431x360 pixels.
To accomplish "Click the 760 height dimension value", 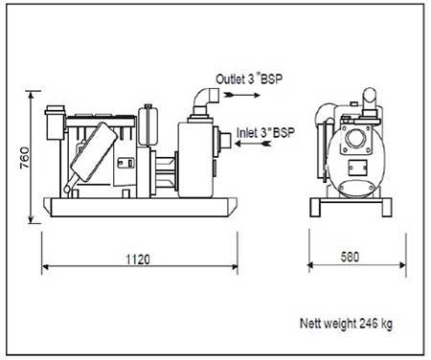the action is (x=24, y=157).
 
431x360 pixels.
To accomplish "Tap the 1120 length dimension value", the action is (x=138, y=259).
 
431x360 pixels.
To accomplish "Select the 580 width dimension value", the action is (x=350, y=257).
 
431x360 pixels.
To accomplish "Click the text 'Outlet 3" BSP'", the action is (x=249, y=79).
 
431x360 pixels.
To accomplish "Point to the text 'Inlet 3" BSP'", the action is (x=265, y=132).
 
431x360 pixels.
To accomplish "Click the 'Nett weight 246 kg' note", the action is (x=346, y=324).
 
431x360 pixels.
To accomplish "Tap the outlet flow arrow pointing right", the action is (x=242, y=95).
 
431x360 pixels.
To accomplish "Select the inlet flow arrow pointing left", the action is (x=253, y=144).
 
